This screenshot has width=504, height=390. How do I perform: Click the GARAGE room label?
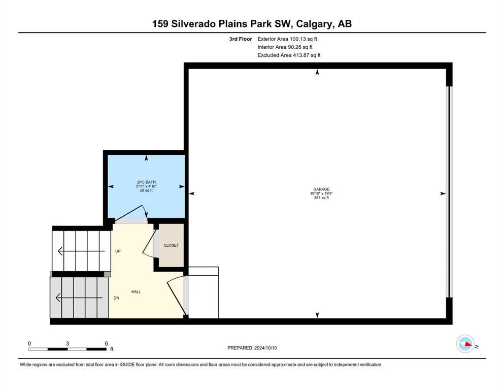tap(321, 189)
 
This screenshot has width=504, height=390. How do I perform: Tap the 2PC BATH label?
tap(146, 182)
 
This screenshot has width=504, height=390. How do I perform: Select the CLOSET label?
tap(171, 245)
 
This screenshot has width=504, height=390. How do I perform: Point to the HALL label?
tap(136, 292)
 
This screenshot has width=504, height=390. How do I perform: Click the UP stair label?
tap(118, 251)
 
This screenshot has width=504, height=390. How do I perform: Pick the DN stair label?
tap(116, 298)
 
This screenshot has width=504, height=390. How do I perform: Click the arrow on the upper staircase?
tap(81, 251)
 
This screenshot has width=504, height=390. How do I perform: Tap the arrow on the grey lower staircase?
tap(79, 298)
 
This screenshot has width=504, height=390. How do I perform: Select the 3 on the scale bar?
tap(68, 343)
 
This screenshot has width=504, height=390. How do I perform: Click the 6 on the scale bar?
tap(107, 343)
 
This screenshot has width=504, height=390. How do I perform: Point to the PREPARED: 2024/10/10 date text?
tap(252, 348)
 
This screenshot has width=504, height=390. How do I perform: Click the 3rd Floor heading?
tap(241, 39)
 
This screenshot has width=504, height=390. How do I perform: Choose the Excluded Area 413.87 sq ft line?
tap(289, 55)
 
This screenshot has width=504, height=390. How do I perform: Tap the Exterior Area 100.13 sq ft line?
tap(287, 39)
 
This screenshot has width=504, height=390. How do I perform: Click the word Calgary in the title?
tap(313, 24)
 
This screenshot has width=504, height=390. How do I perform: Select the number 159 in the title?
tap(160, 23)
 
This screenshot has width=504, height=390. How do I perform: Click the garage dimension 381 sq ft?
tap(321, 198)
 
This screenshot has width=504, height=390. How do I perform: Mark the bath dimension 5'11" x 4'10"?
tap(146, 186)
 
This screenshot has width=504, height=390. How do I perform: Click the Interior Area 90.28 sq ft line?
tap(285, 47)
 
